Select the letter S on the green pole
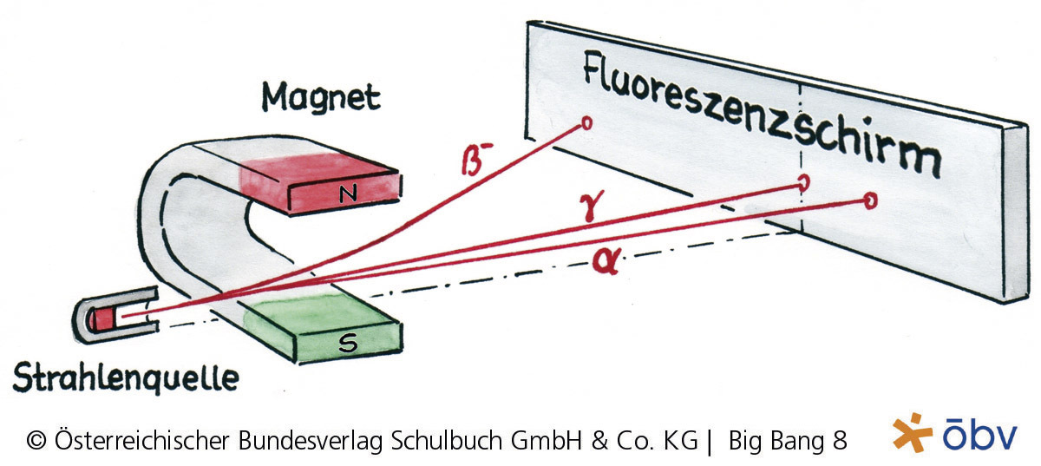click(x=349, y=345)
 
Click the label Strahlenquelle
click(x=125, y=377)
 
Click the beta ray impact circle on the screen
click(x=586, y=124)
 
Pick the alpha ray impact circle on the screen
click(x=869, y=201)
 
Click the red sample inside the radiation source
click(x=105, y=318)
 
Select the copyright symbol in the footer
click(x=36, y=441)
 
